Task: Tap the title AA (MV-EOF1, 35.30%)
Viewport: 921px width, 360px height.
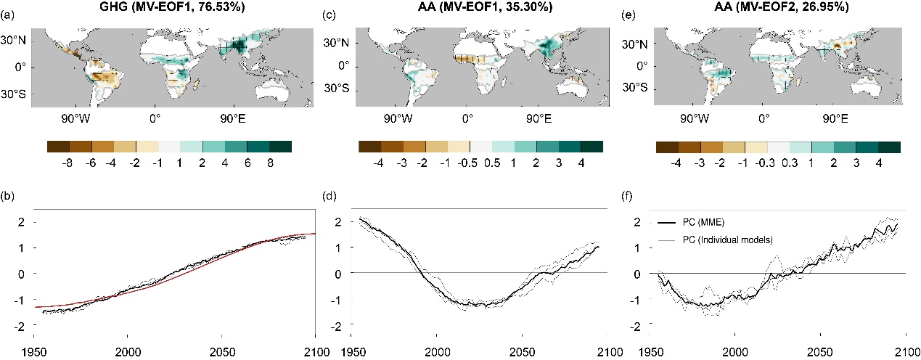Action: point(464,9)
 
